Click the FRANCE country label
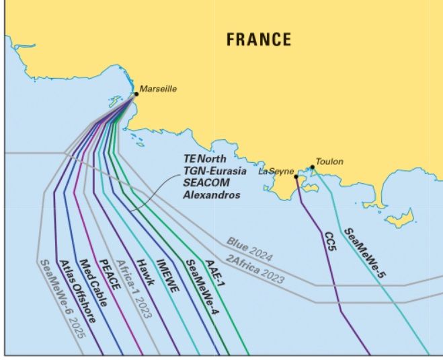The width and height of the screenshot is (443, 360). (259, 39)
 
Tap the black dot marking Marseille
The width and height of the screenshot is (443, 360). (136, 94)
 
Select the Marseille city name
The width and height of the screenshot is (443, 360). (158, 88)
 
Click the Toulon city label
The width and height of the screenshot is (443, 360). (329, 161)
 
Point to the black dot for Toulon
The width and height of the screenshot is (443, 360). (312, 167)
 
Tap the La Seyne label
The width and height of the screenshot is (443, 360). (276, 172)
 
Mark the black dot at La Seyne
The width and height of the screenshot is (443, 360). (296, 177)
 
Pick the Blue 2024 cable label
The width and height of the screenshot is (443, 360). (249, 250)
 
